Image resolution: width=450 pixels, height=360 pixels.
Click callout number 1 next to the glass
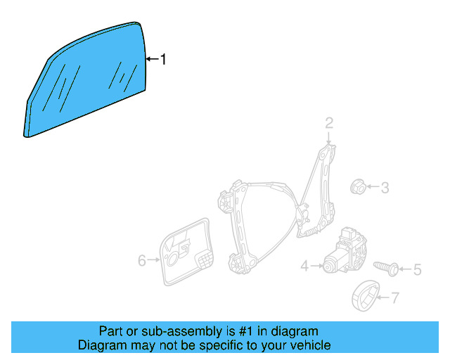[x=164, y=60]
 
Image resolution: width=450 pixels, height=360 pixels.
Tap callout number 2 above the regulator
[x=328, y=124]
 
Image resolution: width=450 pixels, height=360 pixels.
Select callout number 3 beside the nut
[x=385, y=188]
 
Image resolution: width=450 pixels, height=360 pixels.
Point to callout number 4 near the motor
[x=304, y=266]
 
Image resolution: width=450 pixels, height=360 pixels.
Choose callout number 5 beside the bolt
[x=417, y=269]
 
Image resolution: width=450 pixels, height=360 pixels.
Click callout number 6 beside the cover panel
[x=142, y=261]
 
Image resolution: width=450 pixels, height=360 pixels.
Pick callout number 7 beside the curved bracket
[x=394, y=298]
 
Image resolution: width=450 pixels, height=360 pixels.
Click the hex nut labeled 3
[x=356, y=187]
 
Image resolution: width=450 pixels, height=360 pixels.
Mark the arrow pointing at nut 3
[x=373, y=188]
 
